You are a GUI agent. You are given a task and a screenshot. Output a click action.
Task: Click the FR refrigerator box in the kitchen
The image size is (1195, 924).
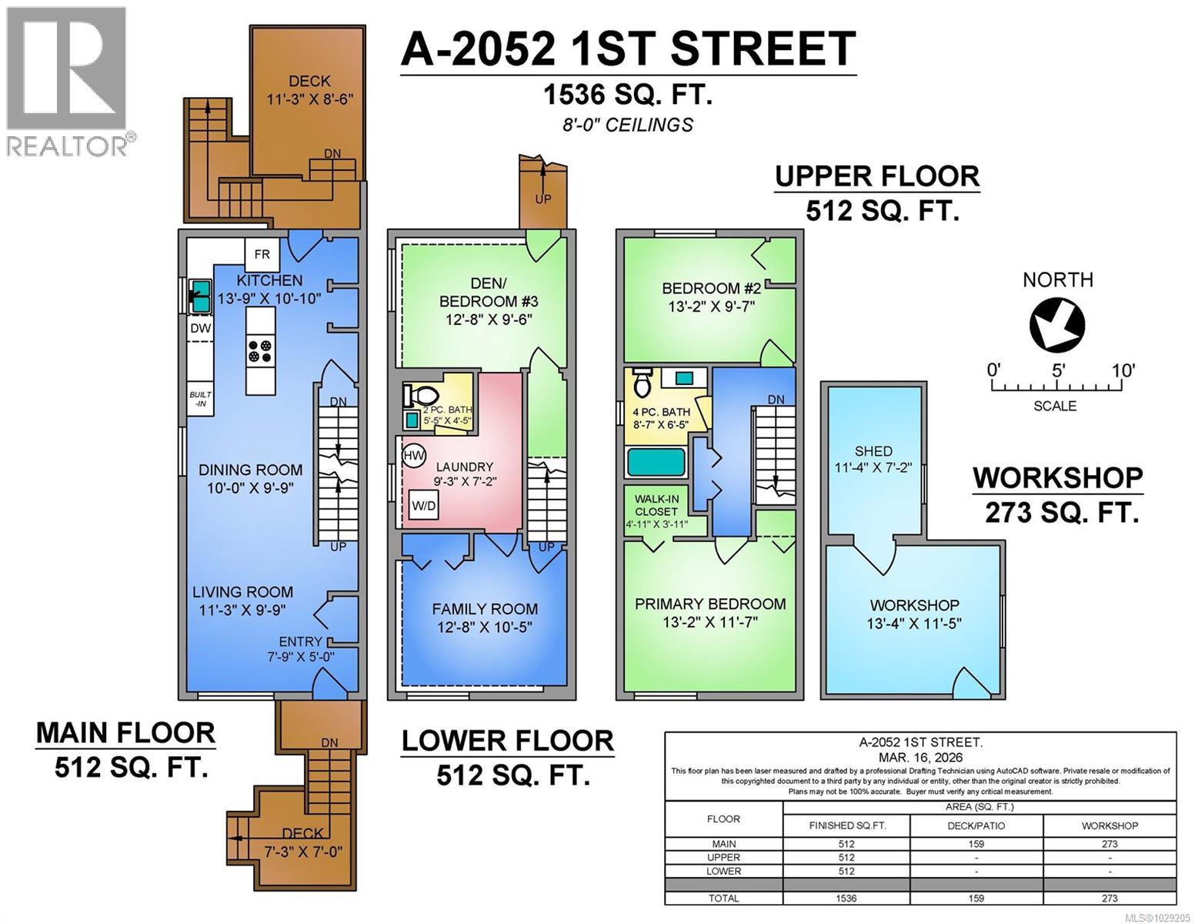tap(262, 254)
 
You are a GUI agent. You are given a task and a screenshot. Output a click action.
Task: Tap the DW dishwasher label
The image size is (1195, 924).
tap(200, 328)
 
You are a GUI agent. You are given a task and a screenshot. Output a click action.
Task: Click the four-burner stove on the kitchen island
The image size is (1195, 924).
tap(259, 352)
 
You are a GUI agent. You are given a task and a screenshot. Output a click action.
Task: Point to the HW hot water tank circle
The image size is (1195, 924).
tap(414, 456)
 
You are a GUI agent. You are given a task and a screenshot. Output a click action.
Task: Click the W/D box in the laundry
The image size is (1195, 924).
tap(424, 506)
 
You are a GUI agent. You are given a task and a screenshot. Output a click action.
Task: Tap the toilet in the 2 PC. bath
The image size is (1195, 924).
tap(419, 396)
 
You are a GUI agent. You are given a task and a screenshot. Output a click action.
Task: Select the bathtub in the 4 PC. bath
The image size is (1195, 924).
tap(656, 463)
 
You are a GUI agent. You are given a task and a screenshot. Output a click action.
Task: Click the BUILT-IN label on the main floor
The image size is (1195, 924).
tap(200, 398)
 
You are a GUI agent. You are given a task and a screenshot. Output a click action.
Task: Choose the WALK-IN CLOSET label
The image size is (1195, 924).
tap(656, 505)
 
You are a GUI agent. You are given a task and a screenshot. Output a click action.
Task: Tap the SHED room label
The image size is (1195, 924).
tap(873, 451)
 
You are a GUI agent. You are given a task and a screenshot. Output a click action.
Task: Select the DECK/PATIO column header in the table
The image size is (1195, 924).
tap(976, 825)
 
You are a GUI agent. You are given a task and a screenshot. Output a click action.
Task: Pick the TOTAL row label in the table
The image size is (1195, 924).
tap(723, 898)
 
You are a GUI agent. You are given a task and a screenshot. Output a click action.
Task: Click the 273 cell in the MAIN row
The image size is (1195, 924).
tap(1109, 844)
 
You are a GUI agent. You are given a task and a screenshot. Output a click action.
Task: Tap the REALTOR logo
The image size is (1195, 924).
tap(68, 81)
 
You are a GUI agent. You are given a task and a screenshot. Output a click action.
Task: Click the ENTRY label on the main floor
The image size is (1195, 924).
tap(300, 641)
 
